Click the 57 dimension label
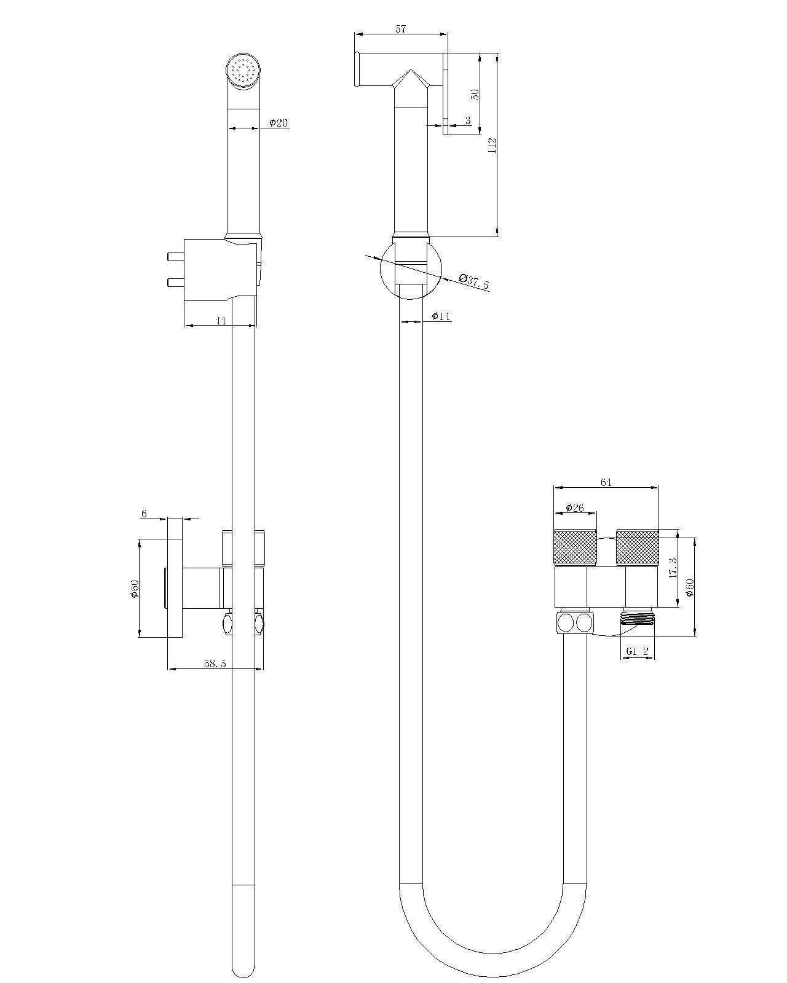point(400,29)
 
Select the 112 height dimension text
point(492,145)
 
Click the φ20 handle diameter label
point(279,122)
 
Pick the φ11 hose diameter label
point(441,316)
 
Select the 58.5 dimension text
point(215,664)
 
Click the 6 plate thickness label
point(144,514)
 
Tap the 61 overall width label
point(606,482)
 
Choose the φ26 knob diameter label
point(575,507)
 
